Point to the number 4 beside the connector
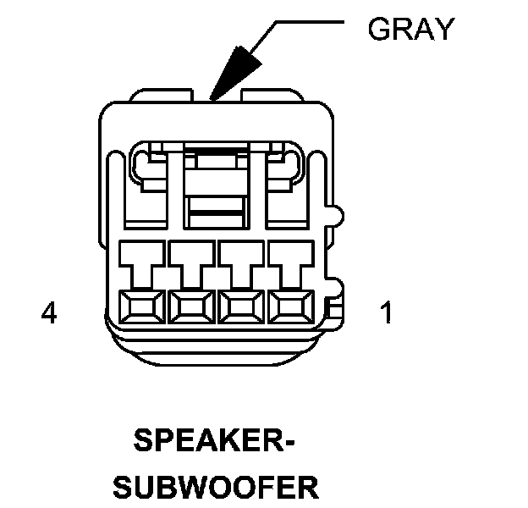(49, 314)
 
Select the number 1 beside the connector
(386, 314)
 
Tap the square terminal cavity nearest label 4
(141, 306)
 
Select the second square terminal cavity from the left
(191, 306)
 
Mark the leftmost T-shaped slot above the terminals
(141, 262)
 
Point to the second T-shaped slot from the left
(191, 262)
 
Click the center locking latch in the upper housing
(216, 182)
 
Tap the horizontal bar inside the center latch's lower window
(216, 204)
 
